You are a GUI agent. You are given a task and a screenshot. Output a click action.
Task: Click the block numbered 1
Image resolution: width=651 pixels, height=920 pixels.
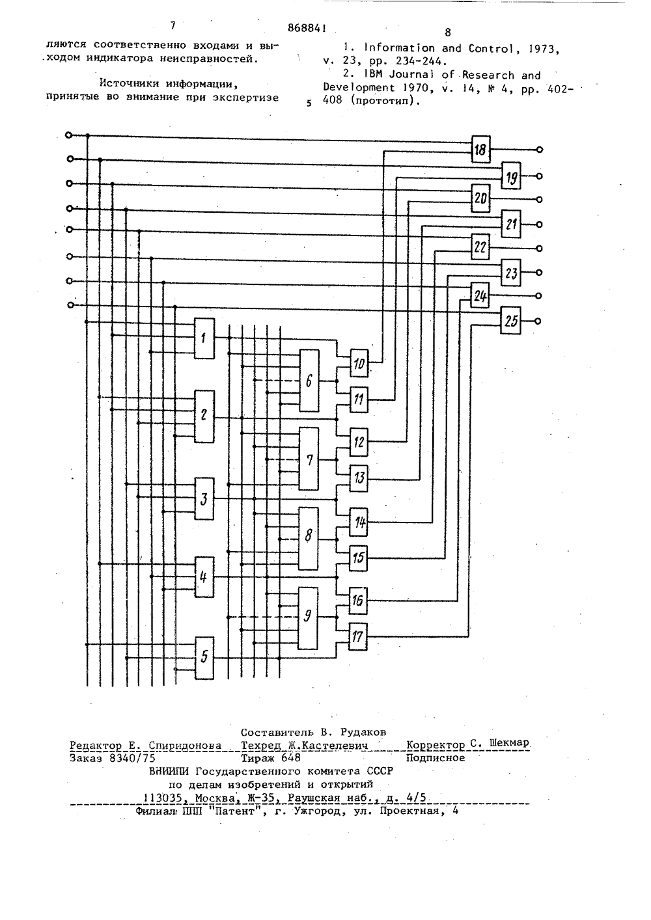coord(204,338)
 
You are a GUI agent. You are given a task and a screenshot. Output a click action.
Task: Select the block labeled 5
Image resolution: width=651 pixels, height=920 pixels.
coord(204,658)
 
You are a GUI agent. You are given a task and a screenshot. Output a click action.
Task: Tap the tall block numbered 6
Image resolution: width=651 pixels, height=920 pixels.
coord(309,381)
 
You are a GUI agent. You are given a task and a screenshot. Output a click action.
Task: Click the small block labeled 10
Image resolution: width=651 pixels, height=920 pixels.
coord(359,363)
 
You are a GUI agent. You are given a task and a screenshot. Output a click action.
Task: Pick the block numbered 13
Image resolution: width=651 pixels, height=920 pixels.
coord(359,478)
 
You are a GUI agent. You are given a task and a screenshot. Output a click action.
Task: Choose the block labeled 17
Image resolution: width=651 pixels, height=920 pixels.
coord(358,636)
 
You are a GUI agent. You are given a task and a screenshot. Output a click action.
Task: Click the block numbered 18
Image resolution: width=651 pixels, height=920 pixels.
coord(480,149)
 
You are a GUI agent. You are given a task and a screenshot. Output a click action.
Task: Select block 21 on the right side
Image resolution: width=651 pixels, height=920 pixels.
coord(511,224)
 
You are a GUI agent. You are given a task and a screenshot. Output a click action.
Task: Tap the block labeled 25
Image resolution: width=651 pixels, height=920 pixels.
coord(511,320)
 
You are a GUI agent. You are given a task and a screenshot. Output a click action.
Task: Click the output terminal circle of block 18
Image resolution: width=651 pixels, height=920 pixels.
coord(540,150)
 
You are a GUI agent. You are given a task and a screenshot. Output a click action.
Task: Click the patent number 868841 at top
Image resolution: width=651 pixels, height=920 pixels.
coord(307,28)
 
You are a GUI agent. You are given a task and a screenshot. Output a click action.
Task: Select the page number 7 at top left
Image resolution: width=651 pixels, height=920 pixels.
coord(173,25)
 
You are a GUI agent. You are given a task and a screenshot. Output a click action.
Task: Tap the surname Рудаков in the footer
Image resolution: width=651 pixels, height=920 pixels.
coord(363,733)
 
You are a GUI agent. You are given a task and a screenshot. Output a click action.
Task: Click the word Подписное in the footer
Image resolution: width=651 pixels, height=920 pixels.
coord(436,758)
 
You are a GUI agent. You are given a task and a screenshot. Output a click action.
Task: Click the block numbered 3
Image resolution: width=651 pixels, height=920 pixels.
coord(204,499)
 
